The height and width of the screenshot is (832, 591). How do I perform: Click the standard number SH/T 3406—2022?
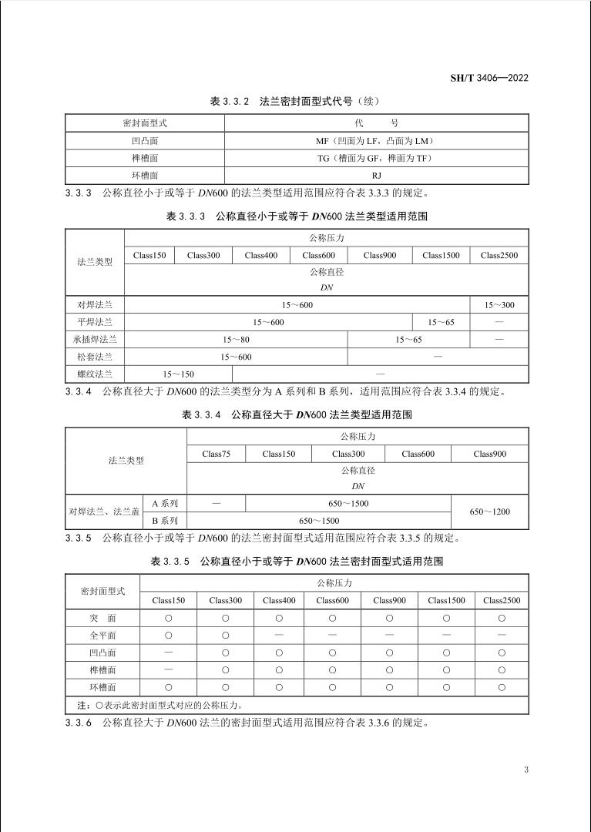click(x=489, y=78)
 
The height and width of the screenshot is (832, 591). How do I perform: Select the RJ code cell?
click(x=376, y=176)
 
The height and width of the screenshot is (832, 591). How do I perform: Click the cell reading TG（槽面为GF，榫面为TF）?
click(x=376, y=159)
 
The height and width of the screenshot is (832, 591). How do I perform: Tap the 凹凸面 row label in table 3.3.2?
click(x=145, y=141)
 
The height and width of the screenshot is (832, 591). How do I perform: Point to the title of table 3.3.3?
click(x=297, y=216)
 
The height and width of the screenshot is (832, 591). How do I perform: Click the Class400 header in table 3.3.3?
click(x=261, y=256)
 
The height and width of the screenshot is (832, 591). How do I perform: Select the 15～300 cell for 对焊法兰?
click(x=499, y=305)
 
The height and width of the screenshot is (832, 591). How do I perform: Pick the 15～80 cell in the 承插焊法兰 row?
click(x=236, y=339)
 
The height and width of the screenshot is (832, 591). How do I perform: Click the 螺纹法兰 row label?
click(x=95, y=374)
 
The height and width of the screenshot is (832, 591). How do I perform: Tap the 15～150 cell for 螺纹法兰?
click(x=178, y=374)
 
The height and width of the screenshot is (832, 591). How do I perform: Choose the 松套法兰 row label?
click(x=95, y=357)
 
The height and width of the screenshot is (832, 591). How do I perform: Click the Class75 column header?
click(x=216, y=454)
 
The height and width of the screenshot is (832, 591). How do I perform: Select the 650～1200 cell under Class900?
click(x=489, y=512)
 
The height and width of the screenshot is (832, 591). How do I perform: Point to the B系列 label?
click(x=165, y=521)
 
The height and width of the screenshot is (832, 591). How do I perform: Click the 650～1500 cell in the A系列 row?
click(x=348, y=503)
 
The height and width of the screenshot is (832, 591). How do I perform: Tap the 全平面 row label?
click(x=102, y=636)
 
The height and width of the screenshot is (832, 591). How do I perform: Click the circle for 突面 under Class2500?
click(x=502, y=618)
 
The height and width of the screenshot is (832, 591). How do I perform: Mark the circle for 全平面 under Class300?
click(x=225, y=636)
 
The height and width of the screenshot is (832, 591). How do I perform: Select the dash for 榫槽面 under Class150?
click(x=168, y=669)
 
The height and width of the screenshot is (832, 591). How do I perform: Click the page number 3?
click(x=526, y=769)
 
